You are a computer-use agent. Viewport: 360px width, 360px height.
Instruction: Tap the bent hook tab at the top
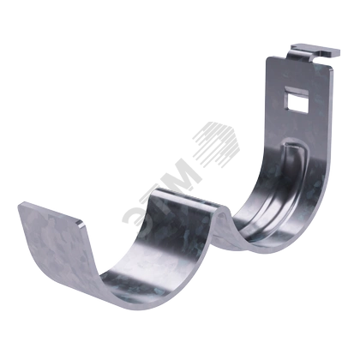click(315, 51)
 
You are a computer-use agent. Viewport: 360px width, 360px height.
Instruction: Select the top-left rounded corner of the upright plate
click(268, 58)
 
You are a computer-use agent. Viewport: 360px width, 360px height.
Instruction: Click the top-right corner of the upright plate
click(332, 68)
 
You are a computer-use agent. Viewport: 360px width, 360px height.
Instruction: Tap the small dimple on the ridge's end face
click(220, 217)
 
